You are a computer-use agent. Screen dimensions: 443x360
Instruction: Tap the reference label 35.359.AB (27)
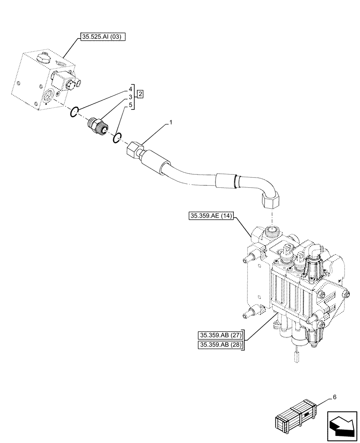220,335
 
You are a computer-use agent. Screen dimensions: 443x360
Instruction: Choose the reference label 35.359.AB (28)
220,346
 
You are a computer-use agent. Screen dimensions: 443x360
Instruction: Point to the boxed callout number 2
140,93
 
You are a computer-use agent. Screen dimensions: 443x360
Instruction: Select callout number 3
131,97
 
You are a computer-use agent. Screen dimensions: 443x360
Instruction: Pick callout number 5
131,105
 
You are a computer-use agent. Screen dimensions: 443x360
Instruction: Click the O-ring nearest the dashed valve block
75,113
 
